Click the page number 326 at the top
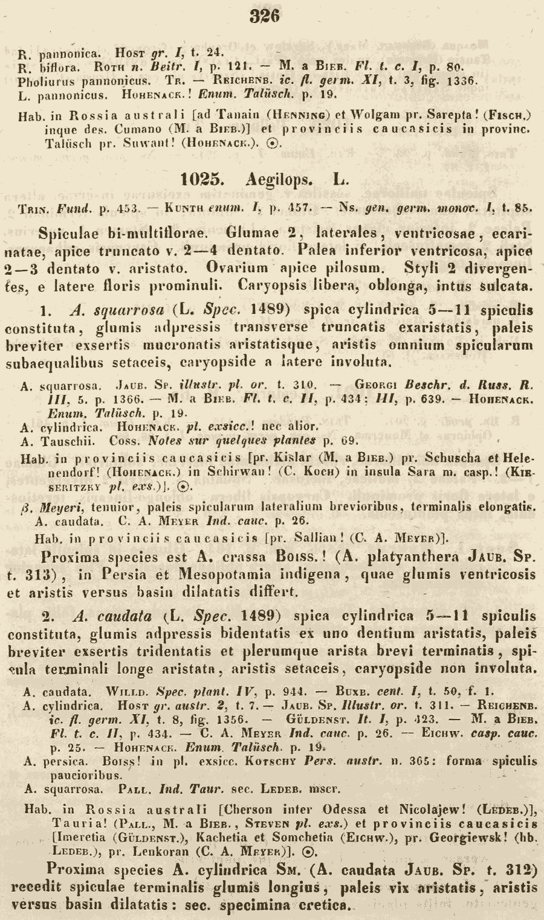click(x=264, y=16)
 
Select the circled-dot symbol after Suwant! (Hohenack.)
click(x=273, y=143)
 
